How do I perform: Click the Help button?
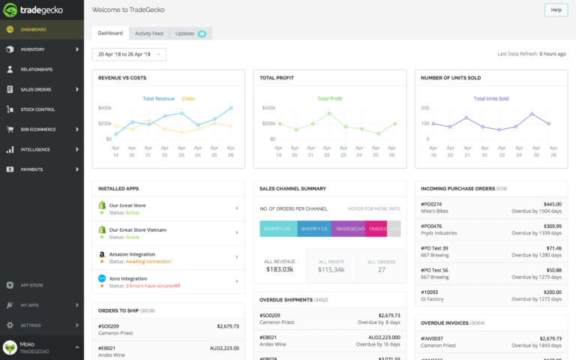point(556,10)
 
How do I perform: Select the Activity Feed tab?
point(148,34)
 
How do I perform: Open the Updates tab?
point(190,34)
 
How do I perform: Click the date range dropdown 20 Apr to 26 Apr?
point(129,54)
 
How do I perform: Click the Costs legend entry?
point(187,98)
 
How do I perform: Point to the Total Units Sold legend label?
point(490,98)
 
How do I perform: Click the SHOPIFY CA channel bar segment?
point(313,229)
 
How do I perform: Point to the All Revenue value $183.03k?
point(279,269)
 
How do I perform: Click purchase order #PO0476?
point(431,226)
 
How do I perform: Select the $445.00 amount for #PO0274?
point(552,204)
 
